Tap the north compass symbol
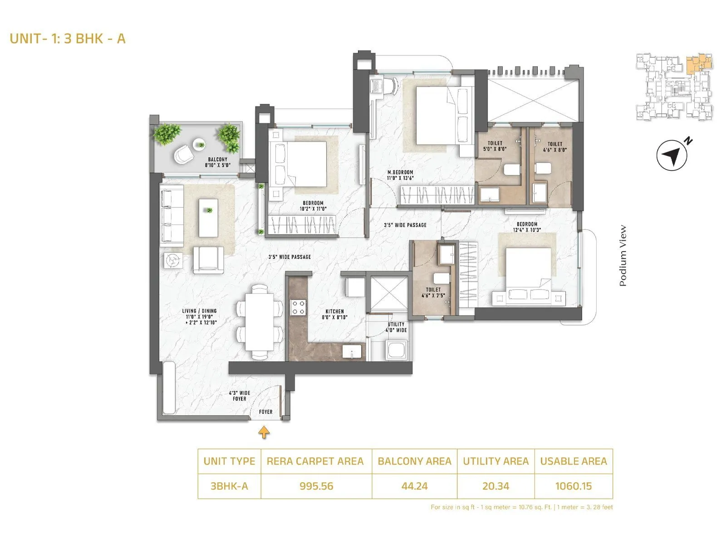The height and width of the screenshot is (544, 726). tap(672, 155)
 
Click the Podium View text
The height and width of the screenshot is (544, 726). tap(623, 256)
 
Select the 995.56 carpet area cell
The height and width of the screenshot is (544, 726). tap(316, 486)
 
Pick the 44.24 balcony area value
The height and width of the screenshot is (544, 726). tap(414, 486)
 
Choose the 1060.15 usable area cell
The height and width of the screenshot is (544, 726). tap(574, 486)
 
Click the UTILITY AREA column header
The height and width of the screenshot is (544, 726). tap(495, 461)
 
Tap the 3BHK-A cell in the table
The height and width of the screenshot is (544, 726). tap(229, 486)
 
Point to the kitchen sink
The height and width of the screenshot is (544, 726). tap(353, 352)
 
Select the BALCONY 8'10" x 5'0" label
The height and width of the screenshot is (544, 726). tap(217, 162)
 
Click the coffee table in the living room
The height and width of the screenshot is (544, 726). tap(208, 218)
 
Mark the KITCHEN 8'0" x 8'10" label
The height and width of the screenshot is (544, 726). tap(335, 314)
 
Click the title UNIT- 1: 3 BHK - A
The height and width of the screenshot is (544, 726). tap(68, 39)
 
